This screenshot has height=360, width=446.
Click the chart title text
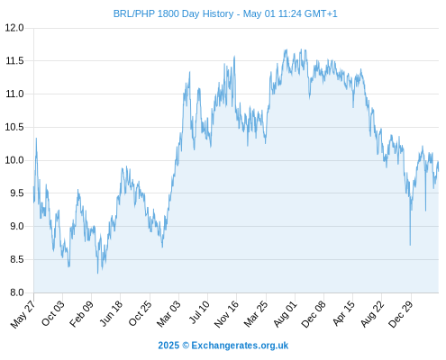pos(225,13)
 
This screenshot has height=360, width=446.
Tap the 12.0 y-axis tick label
pos(14,28)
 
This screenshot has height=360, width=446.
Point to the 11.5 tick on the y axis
pos(14,61)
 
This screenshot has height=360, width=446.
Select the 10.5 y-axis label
pos(14,127)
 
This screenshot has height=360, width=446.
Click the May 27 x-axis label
pos(23,314)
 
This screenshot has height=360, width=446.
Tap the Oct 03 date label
pos(53,313)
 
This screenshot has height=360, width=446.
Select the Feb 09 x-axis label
pos(81,314)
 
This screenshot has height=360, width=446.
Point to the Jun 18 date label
pos(111,313)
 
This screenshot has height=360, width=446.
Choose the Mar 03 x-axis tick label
pos(168,314)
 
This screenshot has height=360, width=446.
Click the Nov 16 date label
pos(226,314)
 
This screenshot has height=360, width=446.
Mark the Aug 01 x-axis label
pos(285,314)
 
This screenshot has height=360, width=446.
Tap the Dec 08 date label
pos(314,314)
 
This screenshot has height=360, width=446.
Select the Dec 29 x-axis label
pos(401,314)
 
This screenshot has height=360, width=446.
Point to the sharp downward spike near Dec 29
pos(410,245)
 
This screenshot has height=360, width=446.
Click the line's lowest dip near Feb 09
pos(97,273)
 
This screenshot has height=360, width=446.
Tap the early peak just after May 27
pos(36,139)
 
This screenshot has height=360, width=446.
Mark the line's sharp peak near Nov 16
pos(234,56)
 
